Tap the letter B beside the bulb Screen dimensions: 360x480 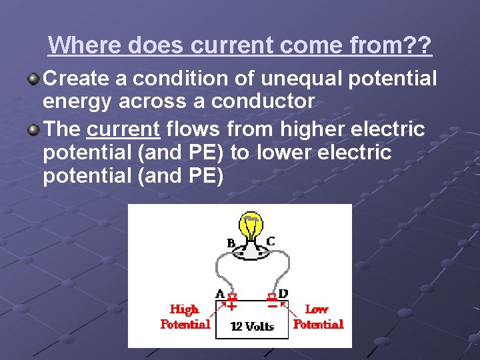click(x=231, y=243)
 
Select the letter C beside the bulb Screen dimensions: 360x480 click(x=271, y=241)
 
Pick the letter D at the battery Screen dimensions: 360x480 click(x=283, y=293)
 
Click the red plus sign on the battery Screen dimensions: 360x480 click(x=232, y=307)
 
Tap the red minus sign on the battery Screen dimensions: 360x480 click(x=272, y=307)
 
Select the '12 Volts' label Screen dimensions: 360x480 click(x=252, y=326)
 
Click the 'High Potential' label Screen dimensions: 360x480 click(x=185, y=317)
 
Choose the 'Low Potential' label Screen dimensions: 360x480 click(x=318, y=317)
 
